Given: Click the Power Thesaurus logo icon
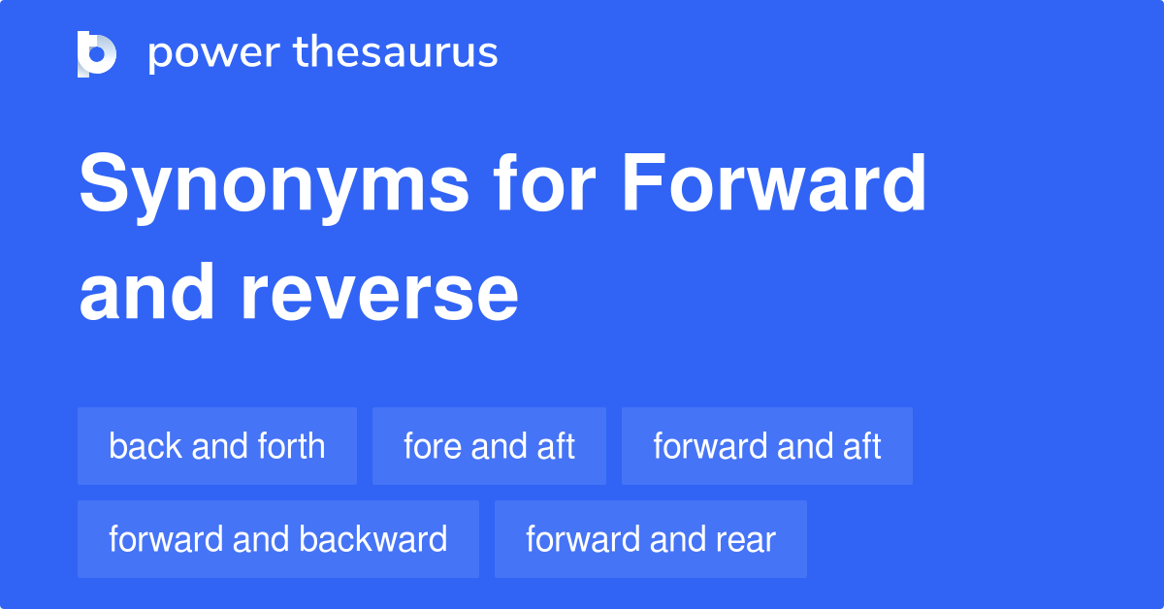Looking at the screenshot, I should pos(97,53).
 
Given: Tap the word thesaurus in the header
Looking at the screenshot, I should pos(396,53).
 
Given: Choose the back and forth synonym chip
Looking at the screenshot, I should pos(217,446).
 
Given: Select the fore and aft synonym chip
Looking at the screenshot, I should pos(489,446).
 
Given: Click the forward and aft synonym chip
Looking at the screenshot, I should pos(766,446).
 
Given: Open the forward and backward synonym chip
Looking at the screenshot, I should pos(277,539).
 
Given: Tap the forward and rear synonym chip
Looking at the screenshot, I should pos(650,539).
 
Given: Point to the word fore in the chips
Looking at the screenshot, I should pos(432,446).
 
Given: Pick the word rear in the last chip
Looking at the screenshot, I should pos(747,539).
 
